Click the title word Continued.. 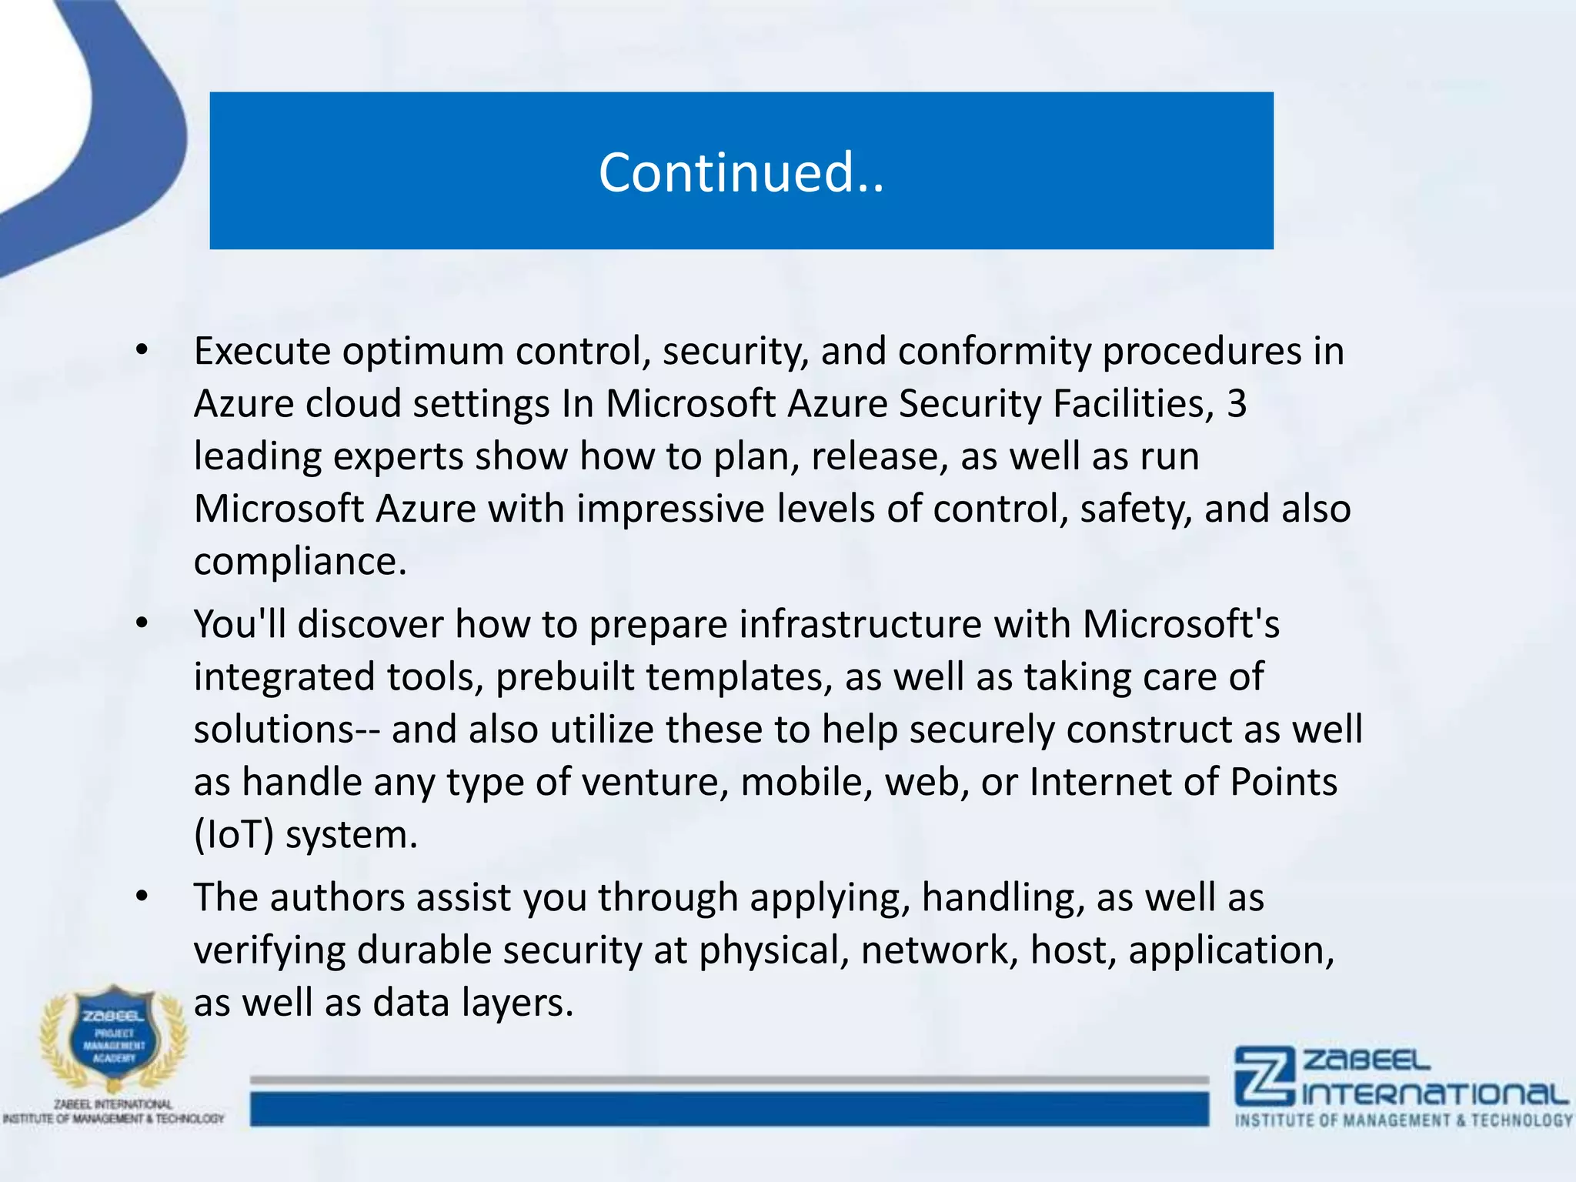741,172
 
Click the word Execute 262,352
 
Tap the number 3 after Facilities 1237,403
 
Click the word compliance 299,562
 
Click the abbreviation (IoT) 233,835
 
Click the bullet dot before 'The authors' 141,898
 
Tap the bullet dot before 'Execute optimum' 141,352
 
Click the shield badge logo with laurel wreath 114,1035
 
